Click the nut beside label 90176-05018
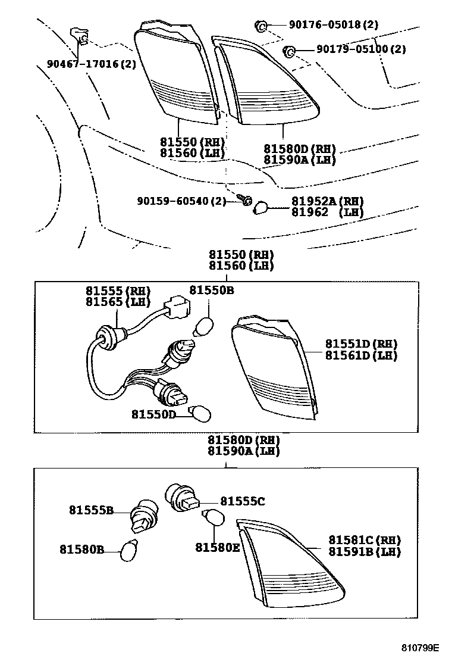[260, 26]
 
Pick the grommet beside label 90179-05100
[290, 51]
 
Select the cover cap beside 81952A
[260, 207]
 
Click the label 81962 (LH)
[327, 212]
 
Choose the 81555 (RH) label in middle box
[118, 291]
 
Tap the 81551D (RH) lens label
[361, 344]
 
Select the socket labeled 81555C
[178, 499]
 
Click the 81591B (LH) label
[365, 552]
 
